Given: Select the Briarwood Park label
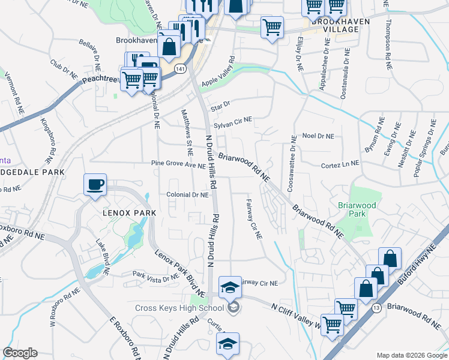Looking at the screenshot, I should [x=357, y=209].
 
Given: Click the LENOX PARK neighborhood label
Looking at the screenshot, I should [x=121, y=213].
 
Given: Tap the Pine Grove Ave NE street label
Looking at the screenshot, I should [x=178, y=163].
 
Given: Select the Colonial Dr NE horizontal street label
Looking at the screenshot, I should [x=187, y=195].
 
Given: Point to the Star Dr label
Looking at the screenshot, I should [x=220, y=106].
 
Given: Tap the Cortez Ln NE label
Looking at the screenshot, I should [x=340, y=164].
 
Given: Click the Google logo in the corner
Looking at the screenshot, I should [x=20, y=353].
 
